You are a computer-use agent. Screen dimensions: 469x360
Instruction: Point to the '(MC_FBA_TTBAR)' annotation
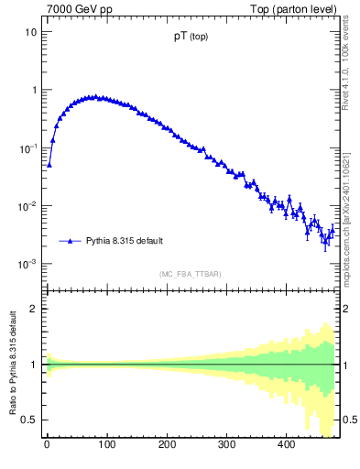pyautogui.click(x=189, y=274)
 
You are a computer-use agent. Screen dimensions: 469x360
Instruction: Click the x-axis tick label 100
pyautogui.click(x=106, y=445)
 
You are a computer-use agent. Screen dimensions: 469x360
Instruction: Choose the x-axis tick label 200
pyautogui.click(x=167, y=445)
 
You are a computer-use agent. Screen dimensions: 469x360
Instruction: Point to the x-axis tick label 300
pyautogui.click(x=226, y=445)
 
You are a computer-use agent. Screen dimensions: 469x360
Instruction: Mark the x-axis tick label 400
pyautogui.click(x=286, y=445)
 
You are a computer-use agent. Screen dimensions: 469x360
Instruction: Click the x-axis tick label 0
pyautogui.click(x=47, y=445)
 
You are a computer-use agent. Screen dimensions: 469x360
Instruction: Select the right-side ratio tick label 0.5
pyautogui.click(x=348, y=420)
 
